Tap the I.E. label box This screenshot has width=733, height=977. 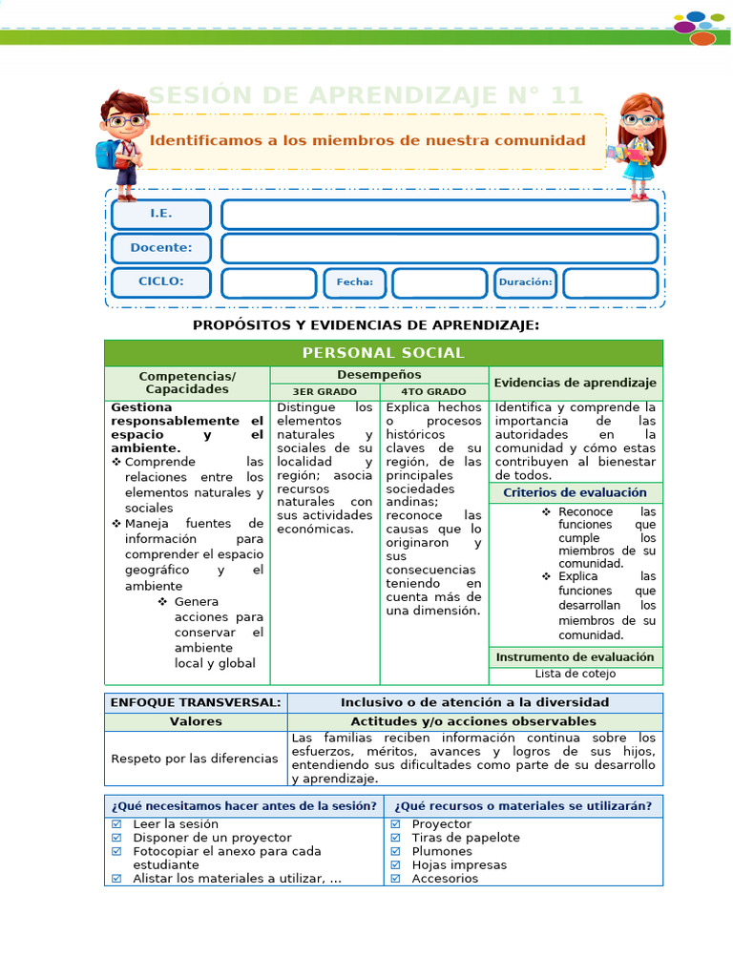pyautogui.click(x=160, y=214)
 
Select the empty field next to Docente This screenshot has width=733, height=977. pyautogui.click(x=439, y=248)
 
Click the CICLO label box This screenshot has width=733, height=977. pyautogui.click(x=160, y=282)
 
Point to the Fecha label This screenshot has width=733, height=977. pyautogui.click(x=354, y=282)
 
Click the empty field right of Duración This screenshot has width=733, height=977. pyautogui.click(x=610, y=282)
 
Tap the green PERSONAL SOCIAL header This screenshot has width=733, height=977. pyautogui.click(x=383, y=353)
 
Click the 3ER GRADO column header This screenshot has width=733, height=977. pyautogui.click(x=325, y=391)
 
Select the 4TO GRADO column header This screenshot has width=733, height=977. pyautogui.click(x=433, y=391)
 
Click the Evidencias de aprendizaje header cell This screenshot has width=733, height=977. pyautogui.click(x=575, y=383)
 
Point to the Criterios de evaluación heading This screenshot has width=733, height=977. pyautogui.click(x=575, y=492)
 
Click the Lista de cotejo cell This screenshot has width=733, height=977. pyautogui.click(x=575, y=674)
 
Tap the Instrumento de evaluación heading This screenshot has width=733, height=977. pyautogui.click(x=575, y=656)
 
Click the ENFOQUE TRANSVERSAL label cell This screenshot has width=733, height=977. pyautogui.click(x=196, y=702)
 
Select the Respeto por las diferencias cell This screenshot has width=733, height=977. pyautogui.click(x=195, y=759)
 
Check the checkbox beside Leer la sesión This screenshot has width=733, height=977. pyautogui.click(x=116, y=823)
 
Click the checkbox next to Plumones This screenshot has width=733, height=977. pyautogui.click(x=395, y=851)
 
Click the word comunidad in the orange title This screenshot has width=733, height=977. pyautogui.click(x=540, y=140)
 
